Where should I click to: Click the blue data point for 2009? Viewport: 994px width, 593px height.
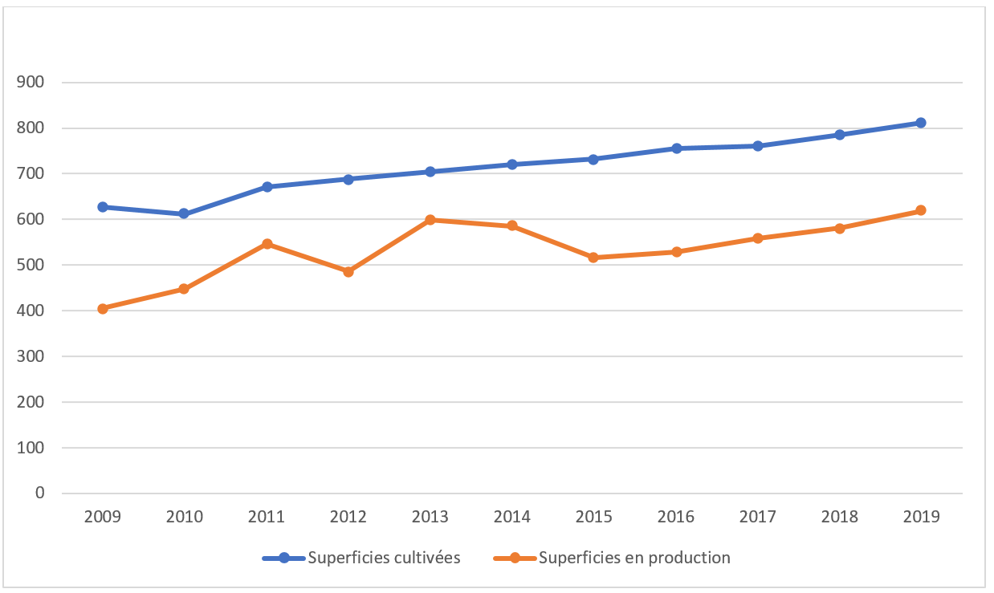point(103,207)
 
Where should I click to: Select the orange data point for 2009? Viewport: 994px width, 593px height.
point(103,309)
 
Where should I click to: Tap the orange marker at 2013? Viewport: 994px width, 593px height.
point(430,220)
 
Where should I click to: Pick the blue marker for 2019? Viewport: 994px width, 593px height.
point(921,123)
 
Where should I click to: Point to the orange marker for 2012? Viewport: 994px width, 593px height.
point(348,272)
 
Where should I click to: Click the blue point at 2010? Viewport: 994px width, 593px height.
point(184,214)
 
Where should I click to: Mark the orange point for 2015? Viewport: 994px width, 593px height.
point(593,258)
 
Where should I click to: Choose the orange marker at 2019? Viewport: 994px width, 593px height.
point(921,210)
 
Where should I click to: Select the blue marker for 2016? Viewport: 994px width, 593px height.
point(676,148)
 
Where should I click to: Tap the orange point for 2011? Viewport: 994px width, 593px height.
point(267,244)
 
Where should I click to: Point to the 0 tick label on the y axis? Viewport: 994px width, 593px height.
point(39,493)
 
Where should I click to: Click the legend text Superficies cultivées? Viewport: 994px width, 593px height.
point(384,558)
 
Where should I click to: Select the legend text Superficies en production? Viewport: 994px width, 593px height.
point(634,558)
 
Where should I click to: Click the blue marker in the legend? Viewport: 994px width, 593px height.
point(284,558)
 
